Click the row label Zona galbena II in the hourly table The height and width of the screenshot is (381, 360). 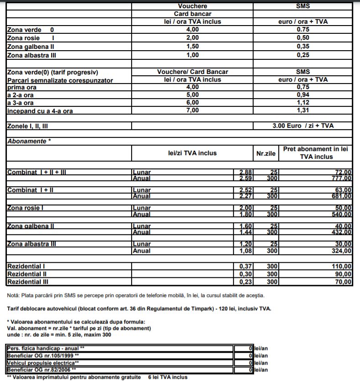[31, 47]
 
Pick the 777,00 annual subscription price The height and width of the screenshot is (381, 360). [342, 178]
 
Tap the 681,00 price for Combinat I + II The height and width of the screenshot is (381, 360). [342, 196]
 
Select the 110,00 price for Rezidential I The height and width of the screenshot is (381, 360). [342, 266]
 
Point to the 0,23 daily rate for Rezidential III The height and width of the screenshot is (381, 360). [246, 282]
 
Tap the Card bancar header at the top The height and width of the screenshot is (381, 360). [192, 14]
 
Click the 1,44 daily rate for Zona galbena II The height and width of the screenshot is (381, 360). [246, 232]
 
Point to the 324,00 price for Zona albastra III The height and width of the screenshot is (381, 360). [342, 251]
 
